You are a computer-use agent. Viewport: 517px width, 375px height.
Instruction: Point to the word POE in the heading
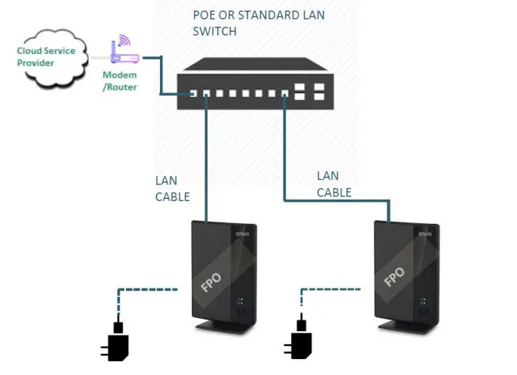tap(205, 15)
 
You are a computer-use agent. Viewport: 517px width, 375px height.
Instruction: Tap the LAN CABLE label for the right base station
tap(334, 184)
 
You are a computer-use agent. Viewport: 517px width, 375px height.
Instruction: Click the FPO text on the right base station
tap(394, 276)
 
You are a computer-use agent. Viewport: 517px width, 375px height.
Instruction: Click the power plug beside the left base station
tap(117, 343)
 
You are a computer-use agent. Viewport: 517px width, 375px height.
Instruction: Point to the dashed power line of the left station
tap(148, 289)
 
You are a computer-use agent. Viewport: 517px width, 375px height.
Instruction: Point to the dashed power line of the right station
tap(331, 289)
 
